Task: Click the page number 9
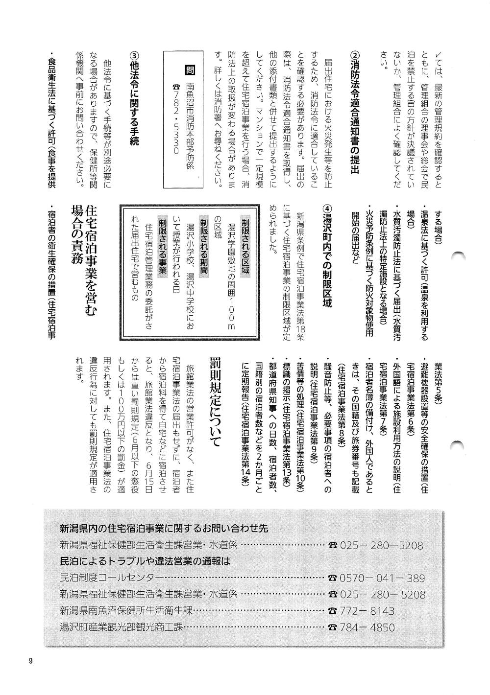[x=30, y=661]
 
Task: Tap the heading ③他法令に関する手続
[x=134, y=98]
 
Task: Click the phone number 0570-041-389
[x=382, y=578]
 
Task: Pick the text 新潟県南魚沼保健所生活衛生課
[x=125, y=611]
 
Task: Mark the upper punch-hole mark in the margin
[x=459, y=256]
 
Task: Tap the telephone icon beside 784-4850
[x=333, y=627]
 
